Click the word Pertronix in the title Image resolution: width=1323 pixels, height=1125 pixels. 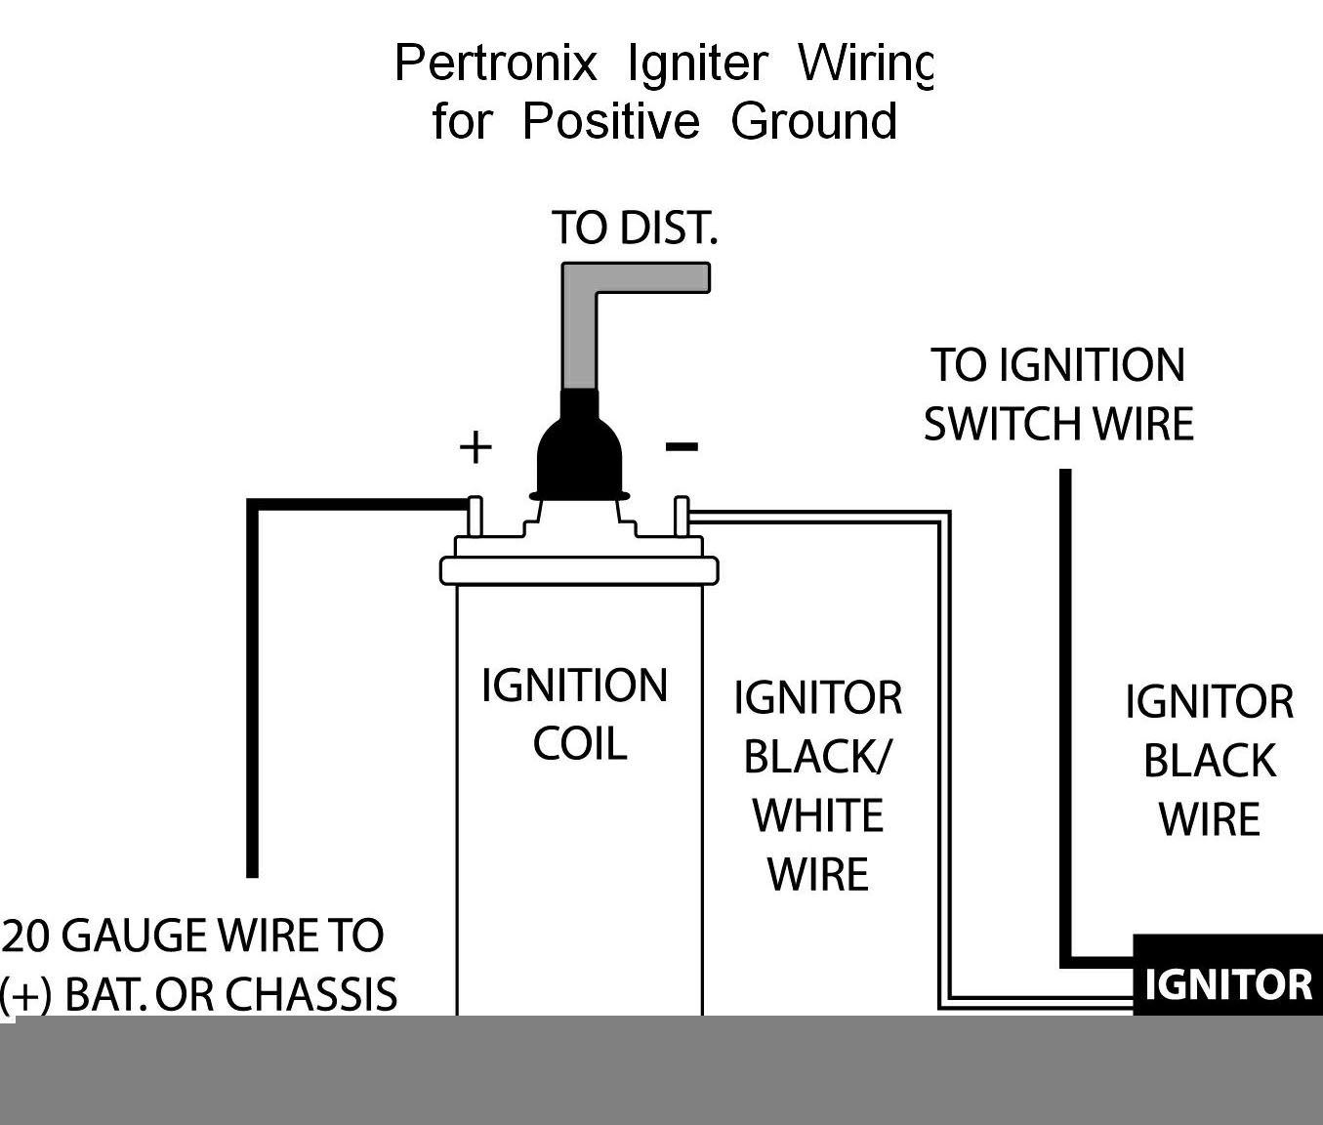pos(495,64)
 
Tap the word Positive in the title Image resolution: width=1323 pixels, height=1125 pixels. pos(611,122)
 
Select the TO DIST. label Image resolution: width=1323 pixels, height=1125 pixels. pos(635,228)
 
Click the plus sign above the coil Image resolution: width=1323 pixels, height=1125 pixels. pos(475,447)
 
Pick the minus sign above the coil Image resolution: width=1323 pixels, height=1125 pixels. pos(682,447)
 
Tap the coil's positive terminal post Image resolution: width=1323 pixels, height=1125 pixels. pos(475,518)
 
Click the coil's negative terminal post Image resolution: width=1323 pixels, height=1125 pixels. pos(682,518)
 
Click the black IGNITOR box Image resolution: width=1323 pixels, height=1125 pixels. pos(1227,977)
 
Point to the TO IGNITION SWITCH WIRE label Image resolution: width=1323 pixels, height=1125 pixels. pos(1058,395)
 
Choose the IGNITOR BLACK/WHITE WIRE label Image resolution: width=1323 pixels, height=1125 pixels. pos(817,786)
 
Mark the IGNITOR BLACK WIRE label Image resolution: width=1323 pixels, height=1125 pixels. pos(1209,761)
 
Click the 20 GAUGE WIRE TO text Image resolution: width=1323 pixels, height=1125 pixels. pos(193,936)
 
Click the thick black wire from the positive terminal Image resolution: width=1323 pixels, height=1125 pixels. pos(253,684)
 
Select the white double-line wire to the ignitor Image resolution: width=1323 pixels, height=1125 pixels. pos(944,762)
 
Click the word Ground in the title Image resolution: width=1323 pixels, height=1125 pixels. pos(813,122)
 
